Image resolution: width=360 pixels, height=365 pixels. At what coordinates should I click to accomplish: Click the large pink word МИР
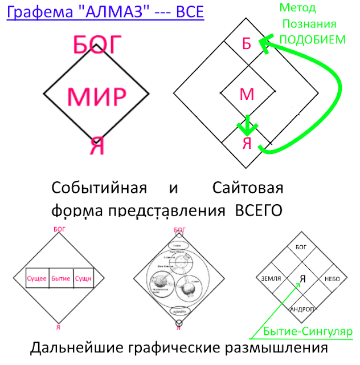(96, 97)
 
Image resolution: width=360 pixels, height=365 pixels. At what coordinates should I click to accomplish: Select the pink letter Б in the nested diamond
(247, 44)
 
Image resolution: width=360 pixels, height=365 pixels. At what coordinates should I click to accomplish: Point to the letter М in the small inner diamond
(247, 94)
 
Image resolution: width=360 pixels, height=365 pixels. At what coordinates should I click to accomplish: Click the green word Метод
(297, 9)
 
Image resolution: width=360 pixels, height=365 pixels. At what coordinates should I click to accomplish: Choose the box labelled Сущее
(38, 278)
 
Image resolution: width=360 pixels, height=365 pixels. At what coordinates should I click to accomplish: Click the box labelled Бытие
(60, 278)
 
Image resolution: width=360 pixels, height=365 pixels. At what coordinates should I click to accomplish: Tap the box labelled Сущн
(83, 278)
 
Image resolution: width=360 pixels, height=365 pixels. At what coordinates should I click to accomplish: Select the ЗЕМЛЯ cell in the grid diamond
(271, 278)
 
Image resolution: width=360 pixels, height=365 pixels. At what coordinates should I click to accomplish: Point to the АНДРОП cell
(302, 309)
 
